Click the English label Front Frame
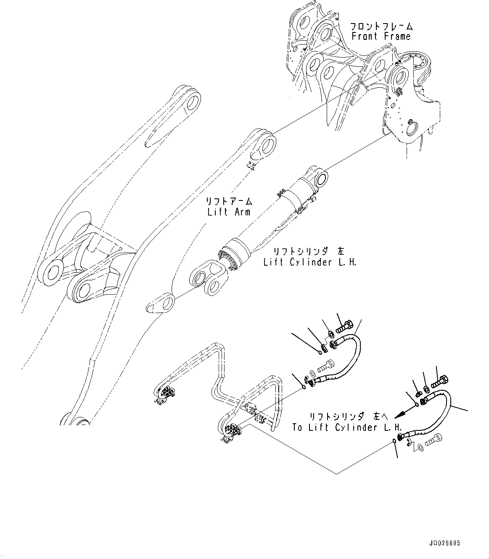(x=381, y=37)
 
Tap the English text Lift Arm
(x=229, y=211)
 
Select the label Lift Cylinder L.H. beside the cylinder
(x=310, y=262)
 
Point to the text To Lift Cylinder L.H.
(x=347, y=427)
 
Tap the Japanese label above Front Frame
(x=381, y=26)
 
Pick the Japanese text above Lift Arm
(x=229, y=201)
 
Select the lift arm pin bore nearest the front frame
(x=265, y=144)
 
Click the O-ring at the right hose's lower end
(x=393, y=441)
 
